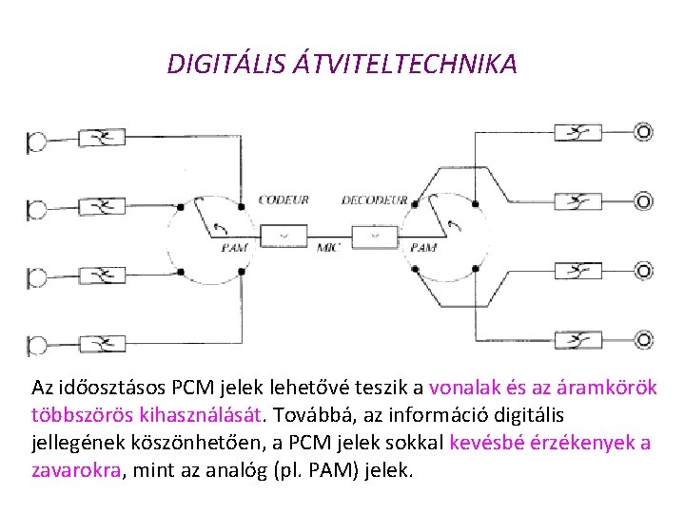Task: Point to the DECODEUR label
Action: click(x=374, y=200)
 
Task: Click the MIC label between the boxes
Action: click(x=329, y=248)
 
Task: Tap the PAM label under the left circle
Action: click(x=234, y=248)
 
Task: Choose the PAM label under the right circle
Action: click(x=423, y=248)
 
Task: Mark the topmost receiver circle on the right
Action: click(x=644, y=132)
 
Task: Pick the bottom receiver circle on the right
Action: click(x=644, y=339)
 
